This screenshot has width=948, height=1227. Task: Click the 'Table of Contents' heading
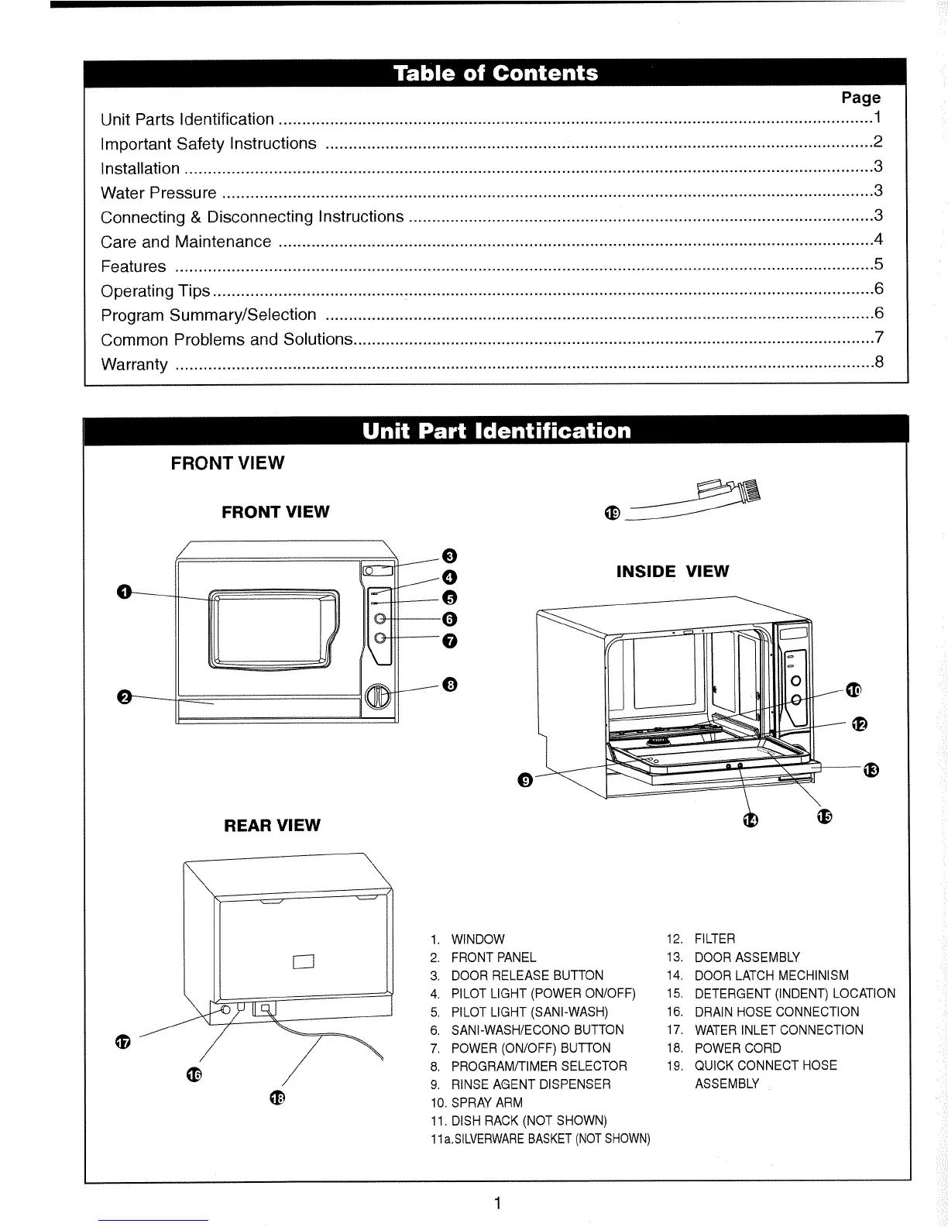click(495, 74)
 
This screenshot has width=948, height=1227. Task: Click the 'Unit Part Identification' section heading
click(496, 431)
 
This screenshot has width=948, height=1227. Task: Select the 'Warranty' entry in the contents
click(134, 364)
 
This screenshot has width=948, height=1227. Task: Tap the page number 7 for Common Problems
click(878, 338)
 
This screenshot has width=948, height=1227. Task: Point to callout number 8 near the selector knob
click(450, 684)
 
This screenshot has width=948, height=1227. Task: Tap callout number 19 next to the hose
click(612, 514)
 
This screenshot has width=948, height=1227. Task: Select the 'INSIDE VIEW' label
click(672, 572)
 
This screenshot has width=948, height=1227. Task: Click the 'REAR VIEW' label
click(272, 826)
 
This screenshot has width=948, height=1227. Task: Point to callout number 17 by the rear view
click(122, 1043)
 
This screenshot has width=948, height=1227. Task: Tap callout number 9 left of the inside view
click(524, 781)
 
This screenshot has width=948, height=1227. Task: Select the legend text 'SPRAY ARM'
click(486, 1102)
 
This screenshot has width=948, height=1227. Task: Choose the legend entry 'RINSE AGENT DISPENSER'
click(531, 1084)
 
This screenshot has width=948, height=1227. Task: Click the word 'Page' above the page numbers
click(860, 98)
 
